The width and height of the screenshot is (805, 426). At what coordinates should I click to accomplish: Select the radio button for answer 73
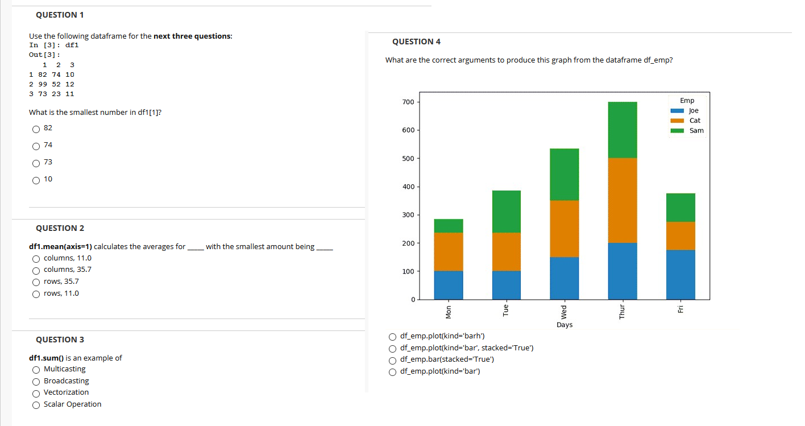click(36, 163)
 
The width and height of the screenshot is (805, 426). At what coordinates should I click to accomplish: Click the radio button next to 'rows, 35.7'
click(36, 282)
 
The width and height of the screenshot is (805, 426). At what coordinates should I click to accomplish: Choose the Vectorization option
click(36, 393)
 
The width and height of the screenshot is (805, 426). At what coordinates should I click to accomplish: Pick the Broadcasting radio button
click(36, 382)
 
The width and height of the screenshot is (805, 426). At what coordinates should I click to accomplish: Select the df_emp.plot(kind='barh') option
click(393, 336)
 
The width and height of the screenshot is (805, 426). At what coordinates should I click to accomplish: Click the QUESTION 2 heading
click(60, 228)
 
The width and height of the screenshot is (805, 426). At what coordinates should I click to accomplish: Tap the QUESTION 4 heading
click(416, 42)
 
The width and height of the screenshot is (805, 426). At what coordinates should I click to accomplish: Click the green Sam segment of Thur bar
click(622, 130)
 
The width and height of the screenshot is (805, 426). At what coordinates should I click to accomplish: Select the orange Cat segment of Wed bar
click(564, 229)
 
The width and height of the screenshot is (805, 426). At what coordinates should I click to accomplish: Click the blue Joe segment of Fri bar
click(680, 274)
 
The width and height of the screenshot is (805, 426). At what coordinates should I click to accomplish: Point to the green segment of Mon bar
click(448, 226)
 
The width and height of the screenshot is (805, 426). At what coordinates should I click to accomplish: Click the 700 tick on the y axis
click(408, 102)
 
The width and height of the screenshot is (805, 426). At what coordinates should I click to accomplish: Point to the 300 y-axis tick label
click(408, 215)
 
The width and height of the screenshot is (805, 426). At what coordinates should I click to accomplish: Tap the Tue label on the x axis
click(506, 310)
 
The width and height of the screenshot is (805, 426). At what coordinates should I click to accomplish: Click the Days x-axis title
click(564, 325)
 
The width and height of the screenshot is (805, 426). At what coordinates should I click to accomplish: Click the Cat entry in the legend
click(694, 121)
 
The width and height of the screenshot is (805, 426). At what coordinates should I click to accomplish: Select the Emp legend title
click(687, 101)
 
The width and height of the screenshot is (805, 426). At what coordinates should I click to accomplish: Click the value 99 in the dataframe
click(42, 84)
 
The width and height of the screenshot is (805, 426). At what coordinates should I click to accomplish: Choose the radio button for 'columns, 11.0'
click(36, 259)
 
